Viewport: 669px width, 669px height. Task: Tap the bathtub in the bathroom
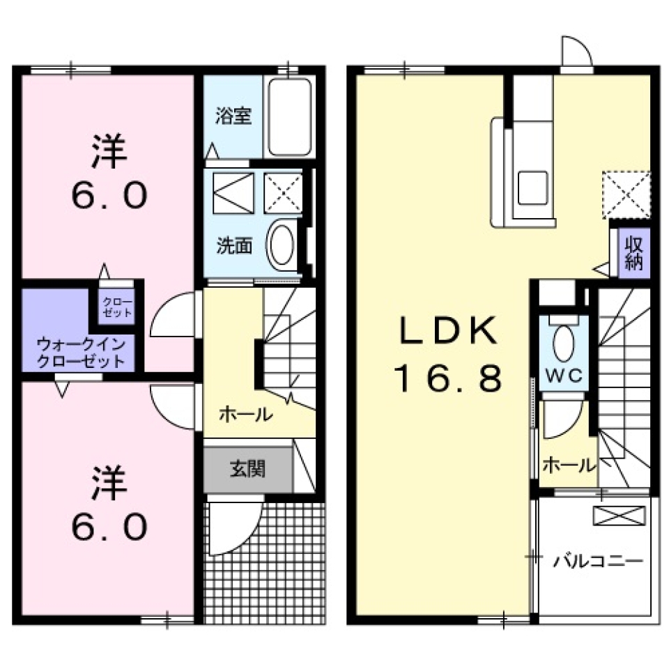(289, 117)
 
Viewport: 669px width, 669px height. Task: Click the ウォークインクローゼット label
(82, 352)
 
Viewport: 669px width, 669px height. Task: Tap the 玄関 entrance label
(247, 469)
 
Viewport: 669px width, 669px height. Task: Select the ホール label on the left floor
(245, 414)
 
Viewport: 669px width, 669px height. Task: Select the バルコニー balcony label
(598, 560)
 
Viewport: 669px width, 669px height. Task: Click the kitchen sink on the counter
(532, 188)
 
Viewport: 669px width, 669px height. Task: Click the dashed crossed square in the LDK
(626, 194)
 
